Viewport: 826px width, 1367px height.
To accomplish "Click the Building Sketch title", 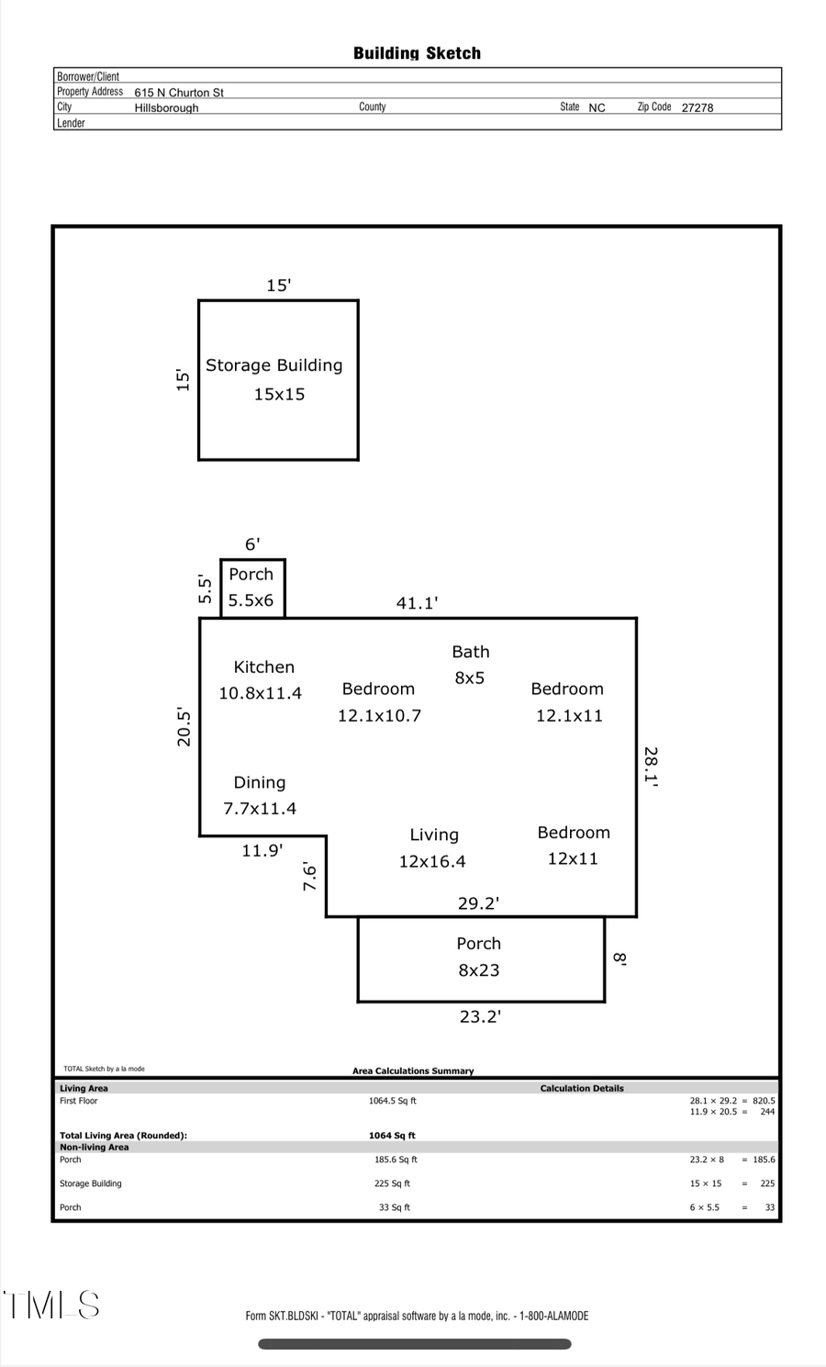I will pyautogui.click(x=417, y=53).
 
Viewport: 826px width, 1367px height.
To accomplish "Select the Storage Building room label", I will pyautogui.click(x=273, y=365).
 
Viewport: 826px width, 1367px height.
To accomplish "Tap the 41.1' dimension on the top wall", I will pyautogui.click(x=417, y=603).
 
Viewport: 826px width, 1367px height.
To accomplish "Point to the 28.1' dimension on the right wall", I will pyautogui.click(x=650, y=767).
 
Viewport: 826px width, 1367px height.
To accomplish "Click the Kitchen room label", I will pyautogui.click(x=263, y=667).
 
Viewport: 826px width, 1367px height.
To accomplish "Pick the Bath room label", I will pyautogui.click(x=470, y=652).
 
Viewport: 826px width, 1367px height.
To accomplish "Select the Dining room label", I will pyautogui.click(x=259, y=783).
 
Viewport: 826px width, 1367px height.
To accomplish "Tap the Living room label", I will pyautogui.click(x=434, y=835).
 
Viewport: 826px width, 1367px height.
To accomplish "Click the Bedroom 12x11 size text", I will pyautogui.click(x=573, y=859).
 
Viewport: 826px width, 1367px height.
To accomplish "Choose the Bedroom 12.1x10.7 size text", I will pyautogui.click(x=379, y=716).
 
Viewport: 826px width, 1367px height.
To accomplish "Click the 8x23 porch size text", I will pyautogui.click(x=478, y=970).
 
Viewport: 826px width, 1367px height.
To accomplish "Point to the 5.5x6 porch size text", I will pyautogui.click(x=251, y=600).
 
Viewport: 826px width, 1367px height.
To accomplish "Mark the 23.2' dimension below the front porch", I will pyautogui.click(x=480, y=1016).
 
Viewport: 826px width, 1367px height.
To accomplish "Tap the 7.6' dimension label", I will pyautogui.click(x=310, y=877).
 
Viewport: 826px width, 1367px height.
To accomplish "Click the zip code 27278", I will pyautogui.click(x=697, y=107).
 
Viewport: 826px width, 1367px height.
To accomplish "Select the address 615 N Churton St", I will pyautogui.click(x=179, y=93).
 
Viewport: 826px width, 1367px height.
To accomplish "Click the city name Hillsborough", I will pyautogui.click(x=166, y=108).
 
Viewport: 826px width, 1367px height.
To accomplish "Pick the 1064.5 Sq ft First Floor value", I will pyautogui.click(x=393, y=1101).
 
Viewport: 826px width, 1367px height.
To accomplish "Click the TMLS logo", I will pyautogui.click(x=51, y=1305).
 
